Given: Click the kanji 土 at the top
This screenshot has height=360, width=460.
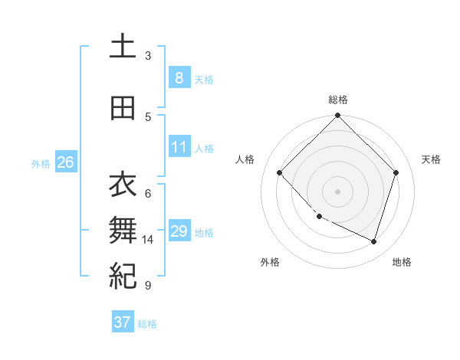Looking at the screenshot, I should coord(123,46).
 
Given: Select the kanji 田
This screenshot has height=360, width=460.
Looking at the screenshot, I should coord(123,108).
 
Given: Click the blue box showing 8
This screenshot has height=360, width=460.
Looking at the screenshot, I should coord(179,78).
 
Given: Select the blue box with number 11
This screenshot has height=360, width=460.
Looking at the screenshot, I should coord(179,147).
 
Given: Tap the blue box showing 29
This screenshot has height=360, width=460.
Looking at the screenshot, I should coord(179,231).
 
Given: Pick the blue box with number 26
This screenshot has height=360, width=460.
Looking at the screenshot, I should coord(65,162).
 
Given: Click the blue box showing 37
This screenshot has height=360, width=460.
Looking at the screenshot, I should coord(123,322).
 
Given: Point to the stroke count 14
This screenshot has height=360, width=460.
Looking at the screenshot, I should coord(148,240).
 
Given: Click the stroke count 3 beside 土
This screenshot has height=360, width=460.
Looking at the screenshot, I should coord(148,55).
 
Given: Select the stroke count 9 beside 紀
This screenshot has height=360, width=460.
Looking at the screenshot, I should coord(148,286).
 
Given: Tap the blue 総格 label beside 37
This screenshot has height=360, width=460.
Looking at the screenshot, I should coord(147,324).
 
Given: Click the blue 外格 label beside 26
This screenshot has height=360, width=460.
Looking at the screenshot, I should coord(41,163).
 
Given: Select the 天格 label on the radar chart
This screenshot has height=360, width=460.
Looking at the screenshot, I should coord(431,159).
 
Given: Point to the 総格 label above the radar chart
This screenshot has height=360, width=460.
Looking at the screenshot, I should coord(337,100).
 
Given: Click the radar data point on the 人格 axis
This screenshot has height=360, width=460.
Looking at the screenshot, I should coord(280,173).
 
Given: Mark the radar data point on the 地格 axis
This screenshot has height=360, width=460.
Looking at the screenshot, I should coord(373,241).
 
